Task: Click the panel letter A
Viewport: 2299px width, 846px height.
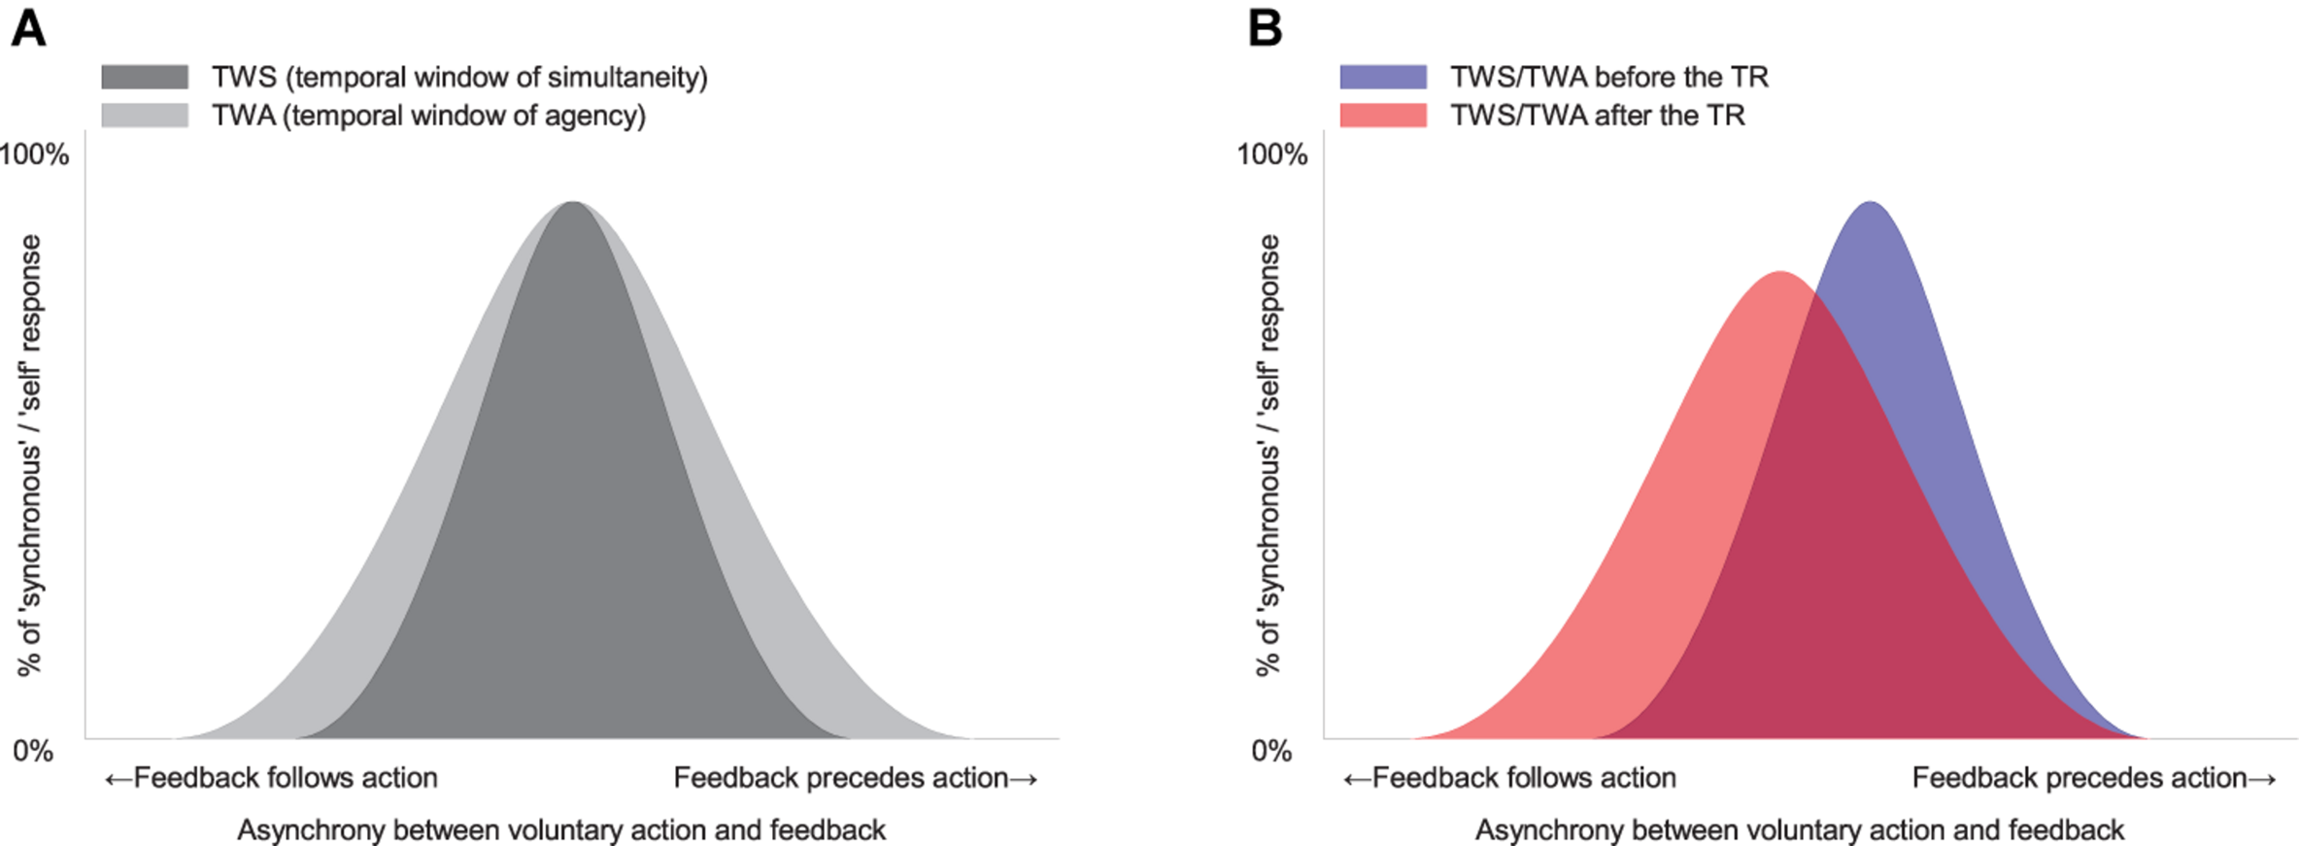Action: [x=28, y=28]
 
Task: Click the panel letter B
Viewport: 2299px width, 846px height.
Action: [x=1265, y=28]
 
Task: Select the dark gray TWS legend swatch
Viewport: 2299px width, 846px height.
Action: [x=145, y=77]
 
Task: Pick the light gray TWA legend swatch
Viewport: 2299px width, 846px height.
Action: [x=145, y=116]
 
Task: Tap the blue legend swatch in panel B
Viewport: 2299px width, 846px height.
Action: [x=1383, y=77]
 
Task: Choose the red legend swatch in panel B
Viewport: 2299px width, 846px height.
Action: [x=1383, y=116]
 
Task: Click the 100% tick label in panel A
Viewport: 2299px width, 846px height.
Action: [x=35, y=154]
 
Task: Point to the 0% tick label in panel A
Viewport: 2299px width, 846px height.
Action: [x=33, y=751]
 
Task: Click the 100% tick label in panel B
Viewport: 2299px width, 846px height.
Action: [x=1272, y=154]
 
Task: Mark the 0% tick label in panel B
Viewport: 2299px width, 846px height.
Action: [x=1271, y=751]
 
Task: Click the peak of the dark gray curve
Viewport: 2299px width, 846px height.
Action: [x=574, y=203]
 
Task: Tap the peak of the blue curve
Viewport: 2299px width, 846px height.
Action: [x=1870, y=203]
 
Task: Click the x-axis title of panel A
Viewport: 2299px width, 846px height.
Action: [x=561, y=830]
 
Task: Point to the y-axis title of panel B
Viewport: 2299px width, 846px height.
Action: [x=1268, y=455]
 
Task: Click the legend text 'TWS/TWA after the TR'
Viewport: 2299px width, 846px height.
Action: [x=1598, y=116]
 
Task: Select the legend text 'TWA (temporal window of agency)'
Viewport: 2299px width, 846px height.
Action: [x=428, y=116]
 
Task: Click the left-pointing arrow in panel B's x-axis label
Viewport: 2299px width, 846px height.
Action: [x=1357, y=779]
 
